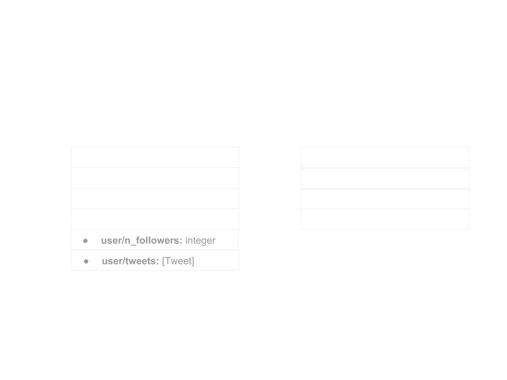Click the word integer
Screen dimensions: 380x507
tap(200, 241)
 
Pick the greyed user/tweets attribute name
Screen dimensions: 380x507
tap(130, 261)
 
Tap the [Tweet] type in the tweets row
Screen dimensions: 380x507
tap(178, 261)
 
